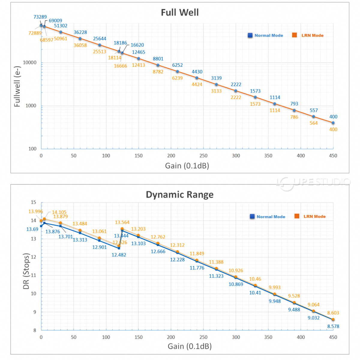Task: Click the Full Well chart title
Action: point(180,13)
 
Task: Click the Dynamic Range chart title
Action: point(180,195)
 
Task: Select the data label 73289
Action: point(40,17)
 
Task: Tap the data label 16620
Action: point(137,45)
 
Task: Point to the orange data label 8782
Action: point(158,72)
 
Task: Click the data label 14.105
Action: point(59,212)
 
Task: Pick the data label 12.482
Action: point(119,255)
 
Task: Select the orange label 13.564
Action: point(122,223)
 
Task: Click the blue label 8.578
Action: point(333,326)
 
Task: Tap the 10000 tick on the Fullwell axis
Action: point(30,63)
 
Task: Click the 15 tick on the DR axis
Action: point(33,202)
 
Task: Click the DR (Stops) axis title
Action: point(26,271)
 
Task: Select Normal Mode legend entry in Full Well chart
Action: point(265,35)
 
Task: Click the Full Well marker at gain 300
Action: point(236,91)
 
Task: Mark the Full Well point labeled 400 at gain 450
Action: point(333,123)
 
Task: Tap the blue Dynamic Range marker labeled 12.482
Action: point(119,248)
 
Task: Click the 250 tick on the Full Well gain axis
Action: point(203,156)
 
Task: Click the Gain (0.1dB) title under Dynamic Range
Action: point(190,346)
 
